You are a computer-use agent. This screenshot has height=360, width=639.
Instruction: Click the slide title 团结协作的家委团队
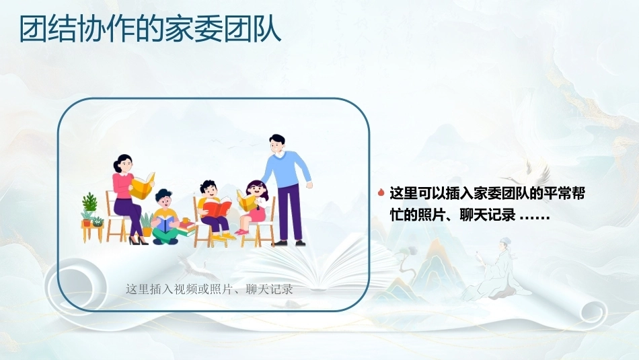click(x=151, y=29)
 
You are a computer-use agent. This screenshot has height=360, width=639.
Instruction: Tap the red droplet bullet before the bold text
click(x=381, y=192)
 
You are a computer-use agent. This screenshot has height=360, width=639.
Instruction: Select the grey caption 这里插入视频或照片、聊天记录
click(x=209, y=289)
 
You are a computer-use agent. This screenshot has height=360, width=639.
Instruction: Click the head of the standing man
click(x=277, y=145)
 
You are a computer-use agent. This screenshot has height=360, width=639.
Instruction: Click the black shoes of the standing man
click(x=289, y=243)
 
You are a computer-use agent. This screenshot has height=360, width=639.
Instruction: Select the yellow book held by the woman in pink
click(x=142, y=186)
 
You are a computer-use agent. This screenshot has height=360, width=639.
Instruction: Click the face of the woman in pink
click(x=124, y=165)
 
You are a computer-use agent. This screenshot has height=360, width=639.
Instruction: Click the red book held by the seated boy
click(x=217, y=207)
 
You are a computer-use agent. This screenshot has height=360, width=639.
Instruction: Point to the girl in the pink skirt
click(x=253, y=208)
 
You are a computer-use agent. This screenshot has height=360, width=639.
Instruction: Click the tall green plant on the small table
click(x=89, y=201)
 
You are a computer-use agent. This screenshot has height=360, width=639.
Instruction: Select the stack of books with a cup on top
click(x=186, y=227)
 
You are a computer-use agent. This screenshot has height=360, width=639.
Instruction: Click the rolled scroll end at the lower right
click(x=593, y=313)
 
